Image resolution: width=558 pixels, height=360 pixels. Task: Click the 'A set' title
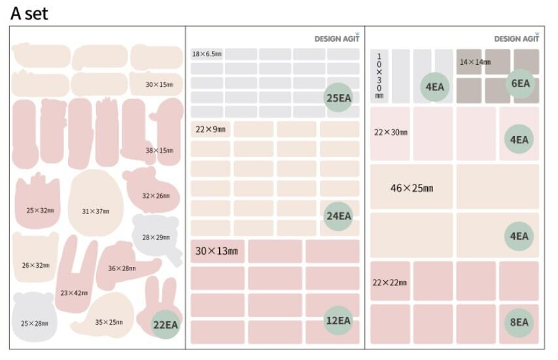(x=29, y=12)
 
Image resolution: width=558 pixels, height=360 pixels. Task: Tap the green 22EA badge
(x=166, y=325)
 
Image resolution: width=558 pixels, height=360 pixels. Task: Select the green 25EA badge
(x=338, y=98)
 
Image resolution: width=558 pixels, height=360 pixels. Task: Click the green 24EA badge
(x=338, y=215)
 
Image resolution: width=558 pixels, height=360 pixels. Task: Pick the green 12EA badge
(x=338, y=320)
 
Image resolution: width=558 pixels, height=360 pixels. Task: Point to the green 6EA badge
(x=520, y=84)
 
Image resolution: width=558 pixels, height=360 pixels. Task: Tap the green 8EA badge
(x=519, y=322)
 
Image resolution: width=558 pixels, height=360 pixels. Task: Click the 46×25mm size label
(x=411, y=189)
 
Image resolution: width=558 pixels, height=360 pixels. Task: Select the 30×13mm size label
(x=217, y=251)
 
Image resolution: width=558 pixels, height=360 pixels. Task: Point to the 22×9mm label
(x=210, y=130)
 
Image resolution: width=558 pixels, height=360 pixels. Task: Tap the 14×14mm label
(x=475, y=62)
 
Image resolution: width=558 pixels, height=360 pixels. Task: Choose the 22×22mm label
(x=390, y=283)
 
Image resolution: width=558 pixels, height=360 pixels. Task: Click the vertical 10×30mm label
(x=379, y=76)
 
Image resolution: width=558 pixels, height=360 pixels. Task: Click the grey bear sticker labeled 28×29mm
(x=156, y=234)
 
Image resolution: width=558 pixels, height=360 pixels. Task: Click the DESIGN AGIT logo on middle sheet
(x=337, y=39)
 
